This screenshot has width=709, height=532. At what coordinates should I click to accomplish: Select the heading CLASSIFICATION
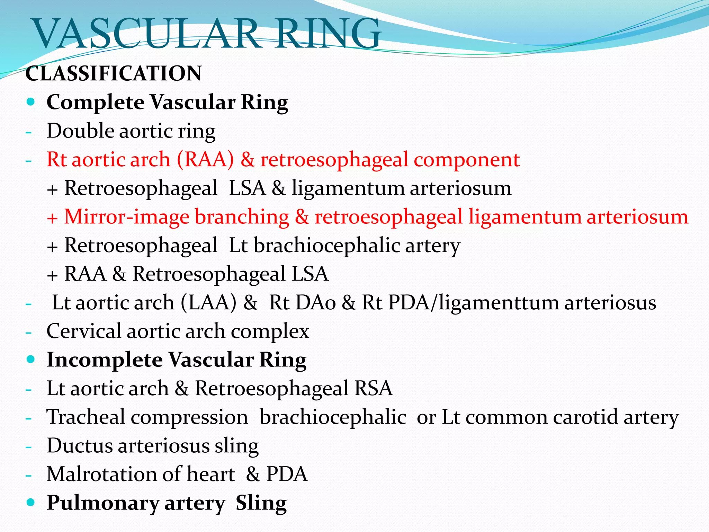[114, 73]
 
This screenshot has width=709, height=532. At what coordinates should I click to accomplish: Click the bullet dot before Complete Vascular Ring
[31, 102]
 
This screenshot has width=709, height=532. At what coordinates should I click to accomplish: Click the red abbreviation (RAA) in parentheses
[205, 160]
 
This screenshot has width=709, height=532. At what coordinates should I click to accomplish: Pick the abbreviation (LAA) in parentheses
[208, 302]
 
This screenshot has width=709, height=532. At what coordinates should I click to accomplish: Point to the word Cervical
[84, 331]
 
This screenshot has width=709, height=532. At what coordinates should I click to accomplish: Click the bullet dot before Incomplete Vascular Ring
[31, 359]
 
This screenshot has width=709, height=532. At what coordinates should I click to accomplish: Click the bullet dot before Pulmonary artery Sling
[31, 502]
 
